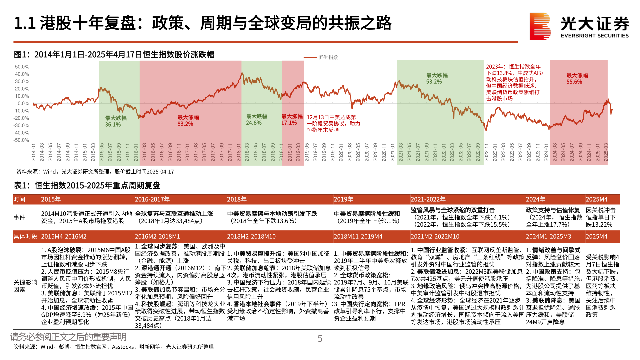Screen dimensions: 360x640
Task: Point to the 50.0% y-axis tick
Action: pyautogui.click(x=22, y=67)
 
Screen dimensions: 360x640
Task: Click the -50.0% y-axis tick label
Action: pyautogui.click(x=21, y=140)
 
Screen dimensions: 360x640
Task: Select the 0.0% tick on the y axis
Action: pyautogui.click(x=23, y=103)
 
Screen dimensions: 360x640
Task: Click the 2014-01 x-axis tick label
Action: pyautogui.click(x=34, y=153)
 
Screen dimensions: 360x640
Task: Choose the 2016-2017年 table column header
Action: pyautogui.click(x=152, y=199)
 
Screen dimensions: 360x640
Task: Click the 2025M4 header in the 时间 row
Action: pyautogui.click(x=597, y=199)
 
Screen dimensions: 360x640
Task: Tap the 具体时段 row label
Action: pyautogui.click(x=25, y=236)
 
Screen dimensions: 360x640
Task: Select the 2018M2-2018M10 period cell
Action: pyautogui.click(x=251, y=236)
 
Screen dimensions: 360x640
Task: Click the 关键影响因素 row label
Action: pyautogui.click(x=25, y=286)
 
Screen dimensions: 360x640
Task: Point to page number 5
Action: pyautogui.click(x=320, y=339)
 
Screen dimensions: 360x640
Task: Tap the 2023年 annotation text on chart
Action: pyautogui.click(x=515, y=82)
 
